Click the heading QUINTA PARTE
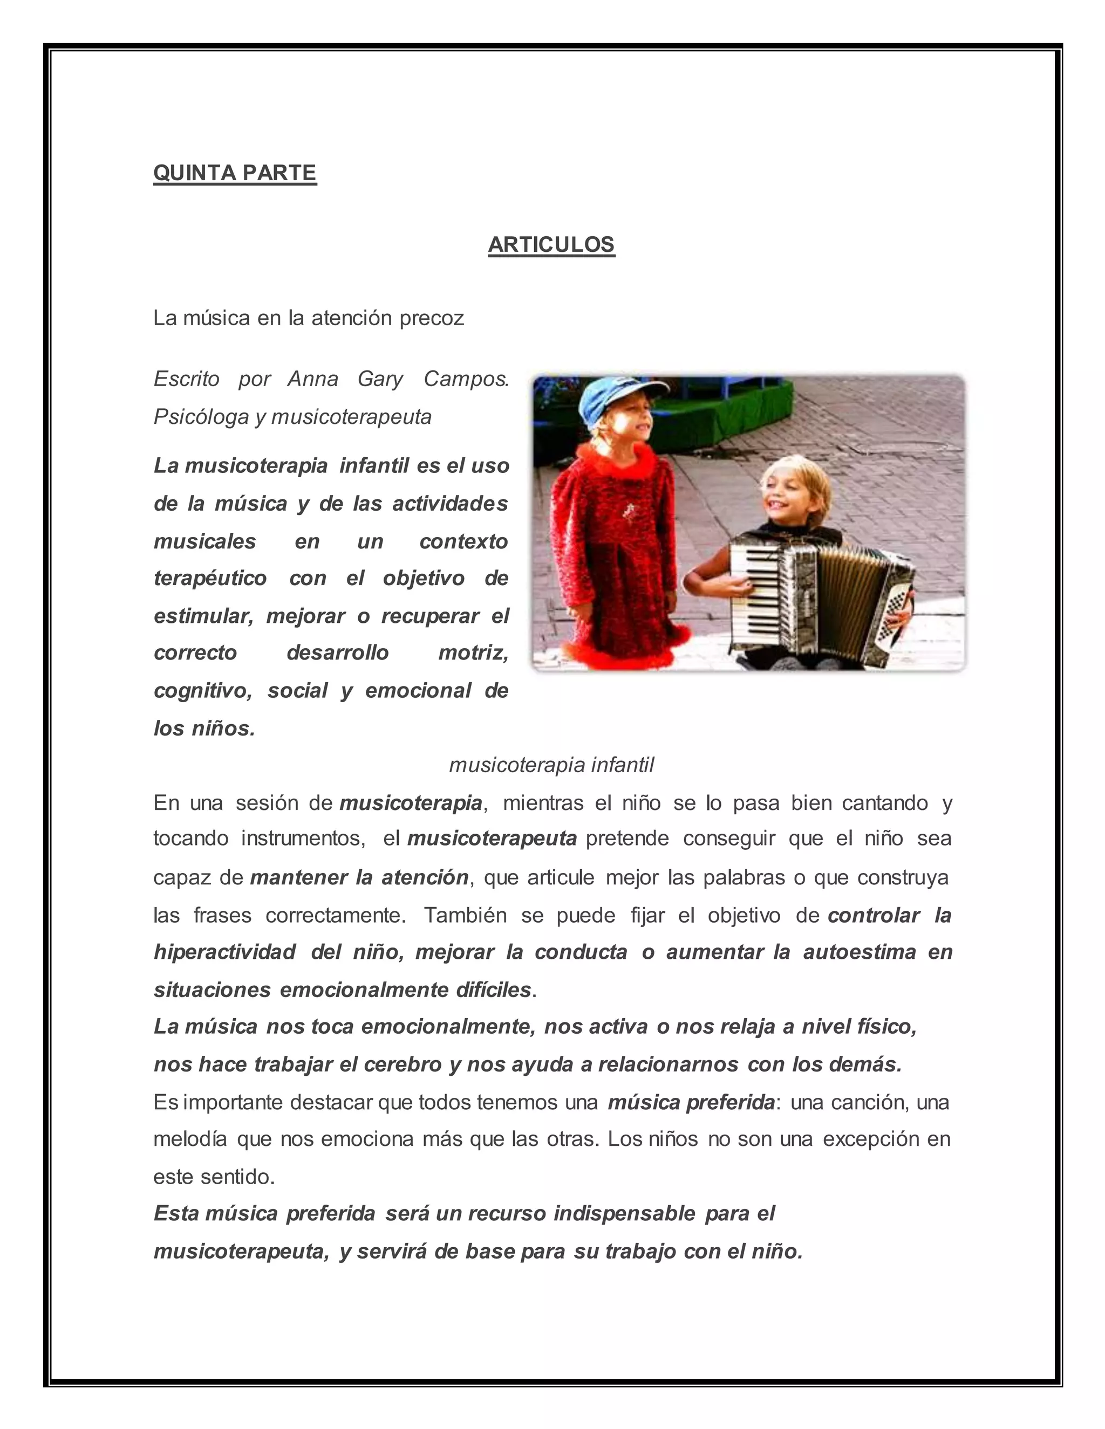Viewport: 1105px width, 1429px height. [x=235, y=173]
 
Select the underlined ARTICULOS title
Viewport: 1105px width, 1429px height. [x=551, y=244]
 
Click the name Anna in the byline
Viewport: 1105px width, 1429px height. [x=313, y=379]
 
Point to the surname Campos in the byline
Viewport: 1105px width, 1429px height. [x=466, y=379]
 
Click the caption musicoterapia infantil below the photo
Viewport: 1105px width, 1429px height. [x=551, y=765]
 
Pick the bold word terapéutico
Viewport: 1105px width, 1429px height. [x=210, y=579]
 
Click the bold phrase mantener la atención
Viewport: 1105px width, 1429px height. [x=359, y=877]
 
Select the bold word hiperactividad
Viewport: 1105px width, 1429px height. [x=224, y=952]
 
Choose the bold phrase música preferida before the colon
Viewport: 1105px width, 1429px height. [x=691, y=1103]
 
